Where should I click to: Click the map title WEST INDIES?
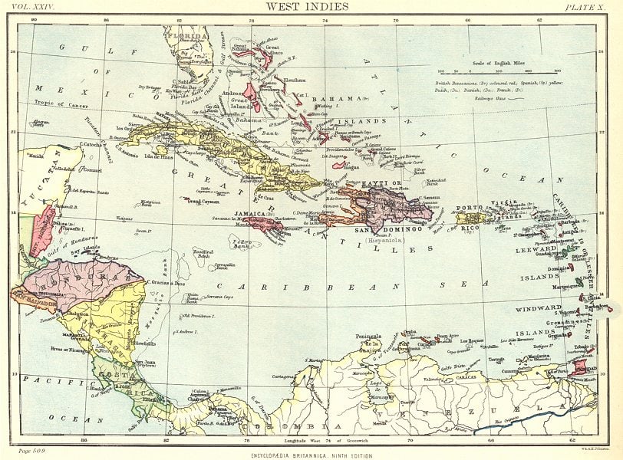[x=307, y=6]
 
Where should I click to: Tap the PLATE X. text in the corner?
[x=586, y=7]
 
